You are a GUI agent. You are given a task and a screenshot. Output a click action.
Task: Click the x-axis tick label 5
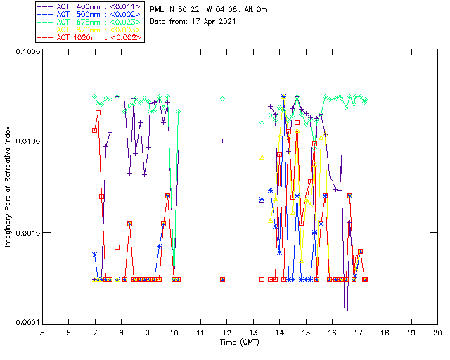(42, 333)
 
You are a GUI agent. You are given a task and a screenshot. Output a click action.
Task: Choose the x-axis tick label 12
(226, 333)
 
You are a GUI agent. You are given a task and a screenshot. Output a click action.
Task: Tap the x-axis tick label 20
(437, 333)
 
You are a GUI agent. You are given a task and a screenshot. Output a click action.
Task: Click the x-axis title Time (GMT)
(240, 342)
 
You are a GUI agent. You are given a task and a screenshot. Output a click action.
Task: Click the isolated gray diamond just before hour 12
(223, 98)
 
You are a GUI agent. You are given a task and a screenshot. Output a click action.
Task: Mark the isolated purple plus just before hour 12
(223, 141)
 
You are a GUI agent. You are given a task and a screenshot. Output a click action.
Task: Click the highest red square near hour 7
(98, 112)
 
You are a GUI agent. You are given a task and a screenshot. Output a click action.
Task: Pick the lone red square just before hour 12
(223, 279)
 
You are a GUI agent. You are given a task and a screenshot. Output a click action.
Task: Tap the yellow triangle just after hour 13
(262, 157)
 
